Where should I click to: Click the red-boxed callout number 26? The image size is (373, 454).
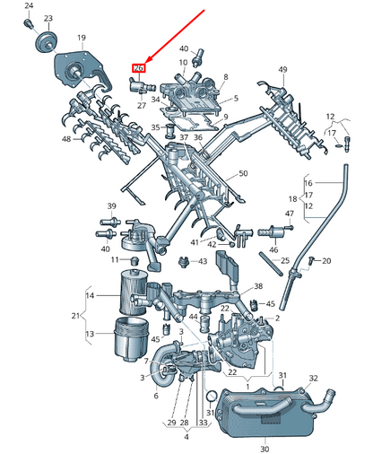[138, 68]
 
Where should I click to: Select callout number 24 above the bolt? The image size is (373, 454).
[29, 6]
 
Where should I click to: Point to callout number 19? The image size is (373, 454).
[81, 38]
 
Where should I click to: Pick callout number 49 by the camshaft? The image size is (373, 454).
[282, 70]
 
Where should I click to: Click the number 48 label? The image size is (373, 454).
[66, 139]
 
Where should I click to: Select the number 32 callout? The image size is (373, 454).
[313, 379]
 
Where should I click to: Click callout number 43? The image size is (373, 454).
[203, 261]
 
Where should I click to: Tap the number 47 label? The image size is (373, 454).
[290, 214]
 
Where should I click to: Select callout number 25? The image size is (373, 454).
[284, 261]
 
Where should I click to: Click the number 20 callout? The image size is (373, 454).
[326, 261]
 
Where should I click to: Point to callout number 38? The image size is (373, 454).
[258, 287]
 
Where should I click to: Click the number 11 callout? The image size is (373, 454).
[114, 259]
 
